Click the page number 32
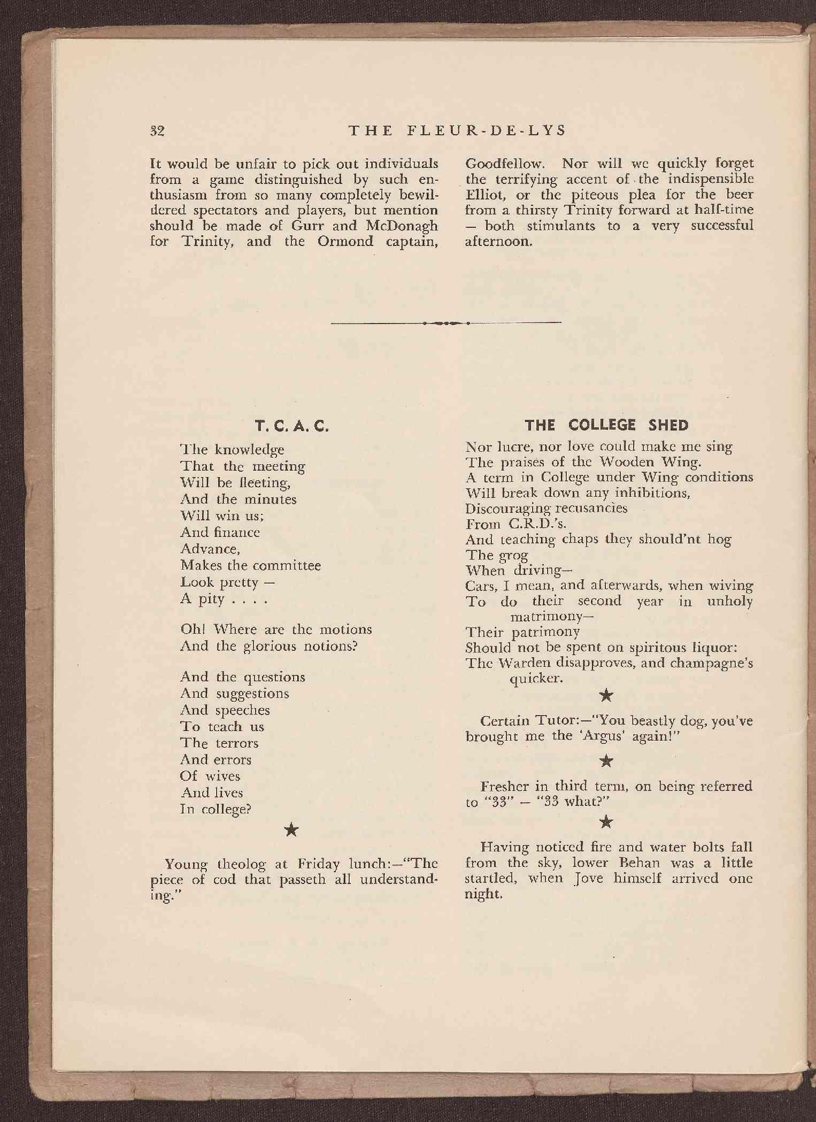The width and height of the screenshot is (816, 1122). point(157,131)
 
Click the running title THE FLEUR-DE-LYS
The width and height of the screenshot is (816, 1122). point(457,131)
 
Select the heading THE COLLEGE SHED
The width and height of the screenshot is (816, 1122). point(606,425)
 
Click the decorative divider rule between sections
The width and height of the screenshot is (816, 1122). point(446,323)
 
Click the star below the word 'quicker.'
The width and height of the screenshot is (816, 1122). point(606,695)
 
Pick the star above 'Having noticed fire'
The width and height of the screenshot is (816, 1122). point(606,820)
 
